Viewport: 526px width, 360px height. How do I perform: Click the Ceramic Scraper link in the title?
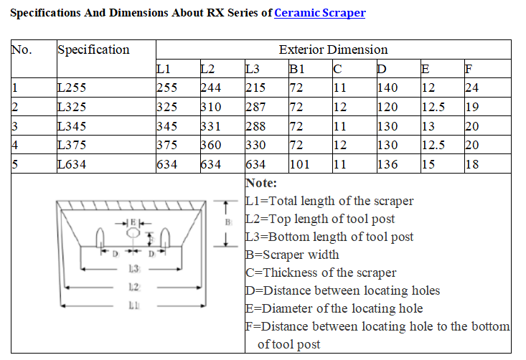coord(320,13)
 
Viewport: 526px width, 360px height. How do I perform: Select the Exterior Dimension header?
coord(333,49)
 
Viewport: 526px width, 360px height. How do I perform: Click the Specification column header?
coord(93,50)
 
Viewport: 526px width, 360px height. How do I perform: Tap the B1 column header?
coord(297,69)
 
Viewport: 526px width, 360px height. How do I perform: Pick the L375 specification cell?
coord(72,145)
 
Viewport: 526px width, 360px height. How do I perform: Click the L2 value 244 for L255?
coord(211,87)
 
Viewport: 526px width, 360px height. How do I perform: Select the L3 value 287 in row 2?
coord(255,107)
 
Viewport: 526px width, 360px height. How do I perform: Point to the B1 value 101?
coord(299,164)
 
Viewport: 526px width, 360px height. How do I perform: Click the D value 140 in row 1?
coord(388,87)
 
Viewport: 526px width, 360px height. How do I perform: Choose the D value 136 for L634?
coord(388,164)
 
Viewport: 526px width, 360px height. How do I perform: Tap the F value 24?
coord(471,87)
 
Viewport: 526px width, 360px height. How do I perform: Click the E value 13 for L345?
coord(428,126)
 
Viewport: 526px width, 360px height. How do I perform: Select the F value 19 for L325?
coord(471,107)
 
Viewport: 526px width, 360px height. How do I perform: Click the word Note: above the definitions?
coord(261,183)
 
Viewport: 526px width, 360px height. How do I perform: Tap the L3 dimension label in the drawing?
coord(134,268)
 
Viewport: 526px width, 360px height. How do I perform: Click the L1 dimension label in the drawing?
coord(134,305)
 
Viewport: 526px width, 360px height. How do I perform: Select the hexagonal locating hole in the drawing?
coord(133,232)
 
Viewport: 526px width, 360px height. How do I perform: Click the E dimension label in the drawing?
coord(133,222)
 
